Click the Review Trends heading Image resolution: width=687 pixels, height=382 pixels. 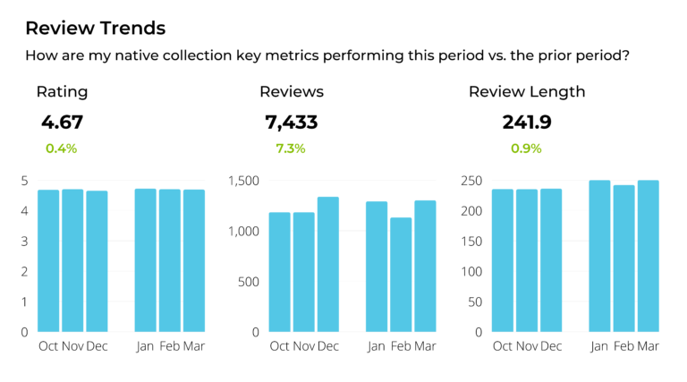95,28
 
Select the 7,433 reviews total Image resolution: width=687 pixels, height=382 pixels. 292,123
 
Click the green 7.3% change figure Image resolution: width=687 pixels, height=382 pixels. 292,149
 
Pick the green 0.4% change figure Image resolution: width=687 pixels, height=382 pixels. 61,149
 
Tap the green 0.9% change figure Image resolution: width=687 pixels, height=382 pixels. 526,149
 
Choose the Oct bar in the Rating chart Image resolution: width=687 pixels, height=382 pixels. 48,260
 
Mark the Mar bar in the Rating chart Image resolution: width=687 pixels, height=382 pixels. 194,260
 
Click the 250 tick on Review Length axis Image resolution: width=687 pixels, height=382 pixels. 471,181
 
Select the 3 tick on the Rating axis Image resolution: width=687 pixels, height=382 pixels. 24,242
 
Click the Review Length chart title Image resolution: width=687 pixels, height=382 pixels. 527,91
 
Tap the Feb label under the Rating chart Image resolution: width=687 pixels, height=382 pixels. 170,346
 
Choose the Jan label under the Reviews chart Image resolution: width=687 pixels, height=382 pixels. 377,346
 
